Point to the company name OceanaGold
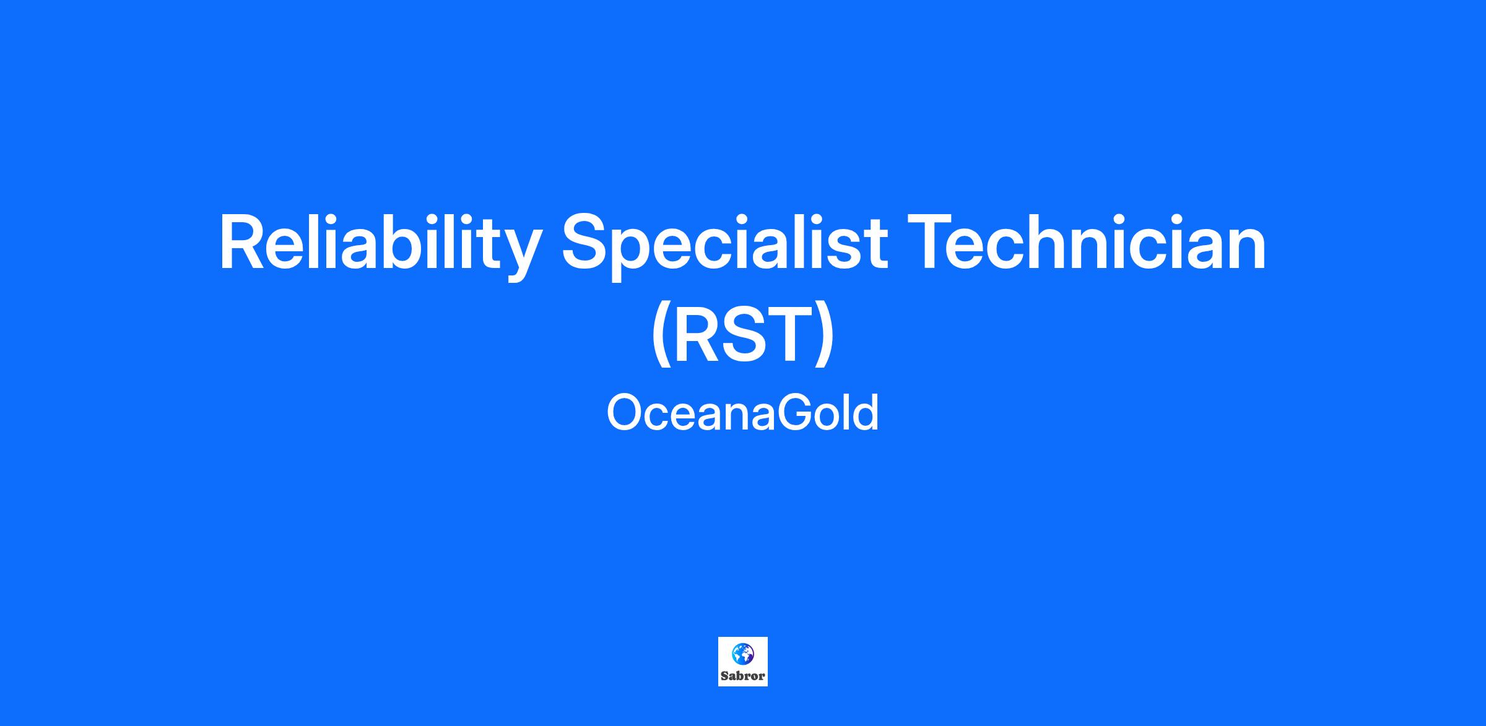pyautogui.click(x=743, y=413)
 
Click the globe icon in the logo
pyautogui.click(x=742, y=654)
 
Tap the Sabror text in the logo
pyautogui.click(x=743, y=676)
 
